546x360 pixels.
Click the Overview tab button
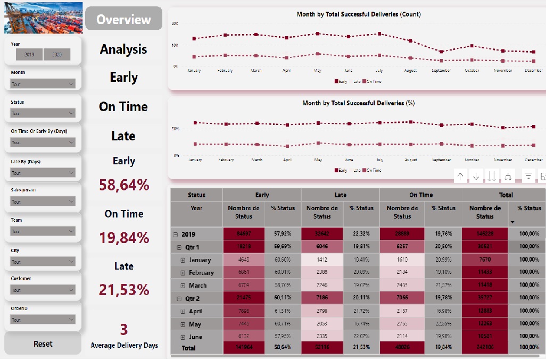click(123, 19)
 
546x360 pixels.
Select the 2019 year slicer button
click(29, 54)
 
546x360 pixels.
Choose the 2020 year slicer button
click(57, 54)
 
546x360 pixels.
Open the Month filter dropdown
click(43, 83)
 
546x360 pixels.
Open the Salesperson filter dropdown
click(43, 202)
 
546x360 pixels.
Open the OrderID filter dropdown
click(43, 320)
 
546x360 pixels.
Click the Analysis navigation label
click(123, 49)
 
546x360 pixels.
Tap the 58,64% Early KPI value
click(123, 185)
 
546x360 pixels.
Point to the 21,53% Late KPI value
click(123, 290)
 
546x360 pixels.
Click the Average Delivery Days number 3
click(124, 330)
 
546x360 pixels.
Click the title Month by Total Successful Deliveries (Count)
click(358, 14)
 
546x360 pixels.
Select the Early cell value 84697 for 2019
click(243, 234)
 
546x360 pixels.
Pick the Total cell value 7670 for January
click(485, 260)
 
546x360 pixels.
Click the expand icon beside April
click(183, 311)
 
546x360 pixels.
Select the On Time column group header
click(421, 195)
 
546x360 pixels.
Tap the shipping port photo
click(44, 18)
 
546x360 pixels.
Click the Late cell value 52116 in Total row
click(321, 348)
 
